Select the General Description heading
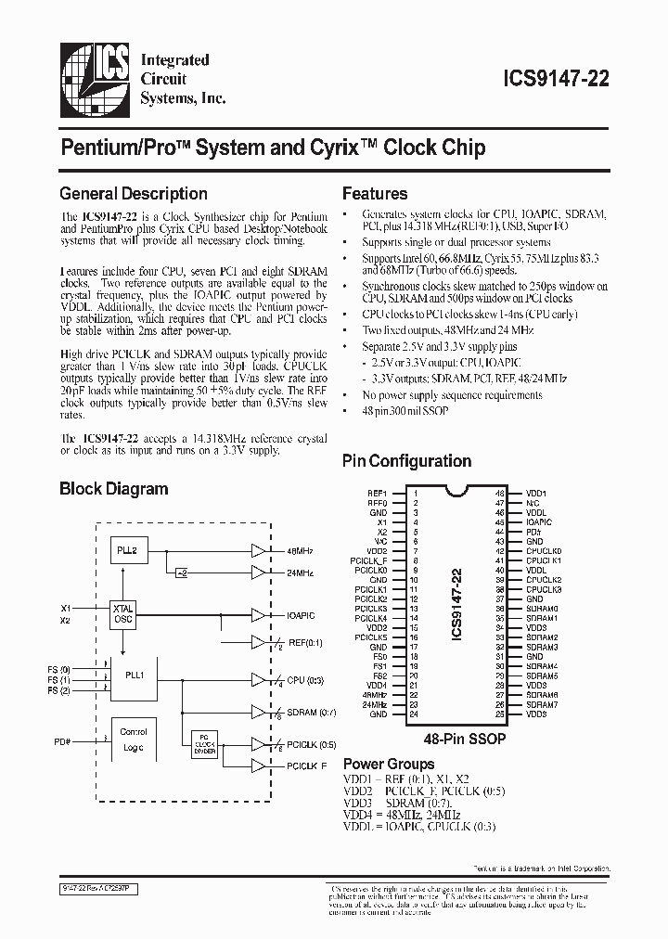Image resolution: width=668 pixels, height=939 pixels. tap(133, 194)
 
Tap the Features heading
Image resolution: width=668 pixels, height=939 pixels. tap(375, 194)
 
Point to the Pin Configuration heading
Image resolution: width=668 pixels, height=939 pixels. tap(406, 461)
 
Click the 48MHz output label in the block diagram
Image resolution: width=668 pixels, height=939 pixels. tap(301, 551)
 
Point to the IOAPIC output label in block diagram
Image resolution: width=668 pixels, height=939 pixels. tap(302, 614)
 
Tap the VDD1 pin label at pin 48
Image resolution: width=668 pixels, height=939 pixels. tap(536, 493)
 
